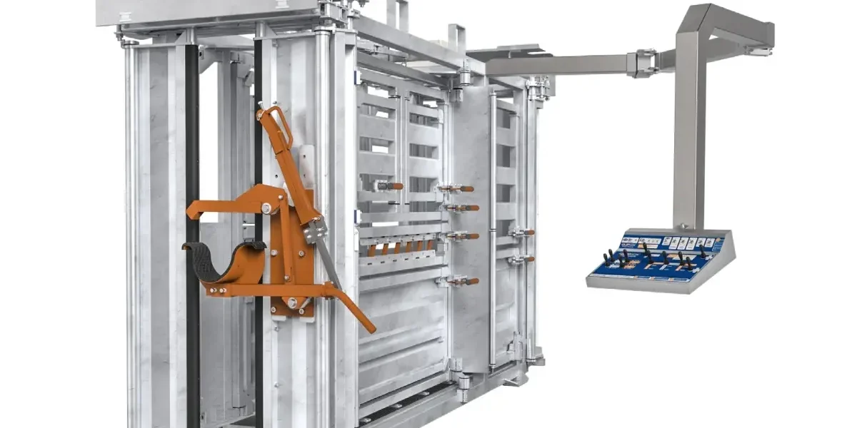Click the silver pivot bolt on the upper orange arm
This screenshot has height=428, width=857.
pyautogui.click(x=266, y=208)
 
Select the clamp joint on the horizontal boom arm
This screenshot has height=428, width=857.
pyautogui.click(x=644, y=62)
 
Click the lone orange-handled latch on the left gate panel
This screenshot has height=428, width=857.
pyautogui.click(x=389, y=186)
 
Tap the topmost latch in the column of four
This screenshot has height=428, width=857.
pyautogui.click(x=456, y=188)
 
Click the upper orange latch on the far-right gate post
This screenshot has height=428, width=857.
pyautogui.click(x=522, y=233)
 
